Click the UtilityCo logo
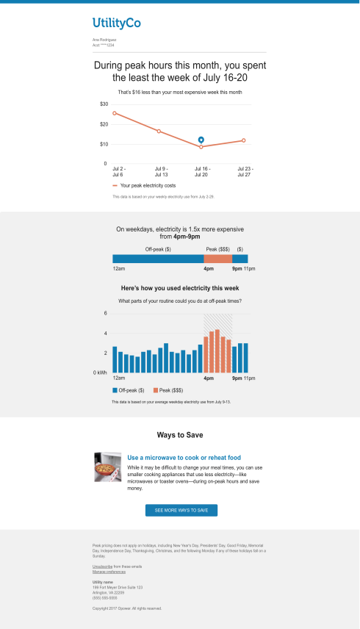click(117, 24)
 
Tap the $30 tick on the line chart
click(104, 104)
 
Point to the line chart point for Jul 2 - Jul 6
click(115, 113)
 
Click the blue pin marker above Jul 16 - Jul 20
click(201, 139)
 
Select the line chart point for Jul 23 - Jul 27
click(244, 140)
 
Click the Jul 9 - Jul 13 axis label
click(162, 171)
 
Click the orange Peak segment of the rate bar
click(217, 259)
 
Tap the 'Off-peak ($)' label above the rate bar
click(158, 249)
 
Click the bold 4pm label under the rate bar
click(208, 270)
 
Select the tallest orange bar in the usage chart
click(217, 351)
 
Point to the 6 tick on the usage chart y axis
click(105, 314)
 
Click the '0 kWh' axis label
click(100, 373)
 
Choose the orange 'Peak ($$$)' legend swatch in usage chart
click(156, 389)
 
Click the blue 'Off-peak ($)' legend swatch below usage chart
click(115, 389)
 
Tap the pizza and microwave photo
click(108, 467)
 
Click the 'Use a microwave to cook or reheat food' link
click(184, 457)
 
